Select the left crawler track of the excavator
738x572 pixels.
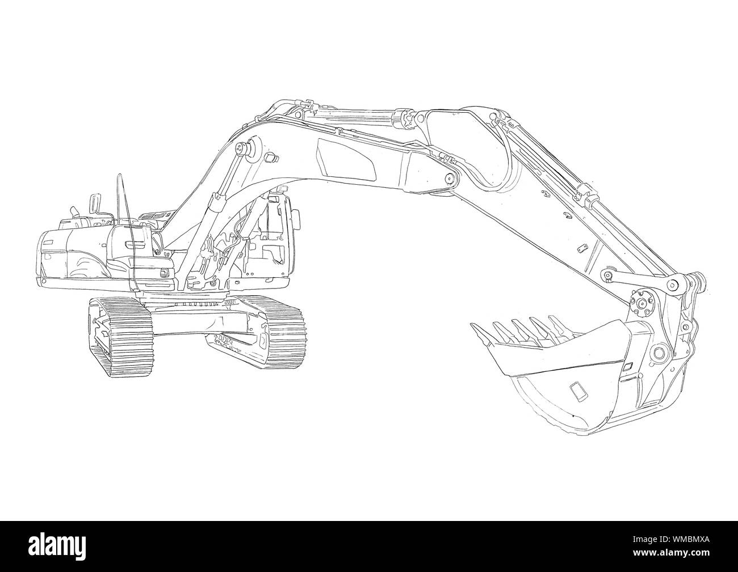pyautogui.click(x=120, y=337)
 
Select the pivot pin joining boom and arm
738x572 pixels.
pyautogui.click(x=450, y=179)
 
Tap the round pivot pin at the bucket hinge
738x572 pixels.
pyautogui.click(x=659, y=353)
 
